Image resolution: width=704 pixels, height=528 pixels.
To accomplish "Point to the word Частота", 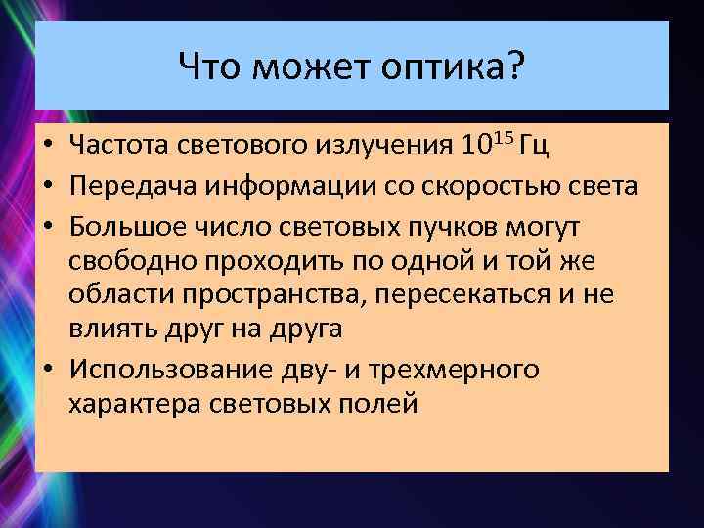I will click(x=120, y=147).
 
